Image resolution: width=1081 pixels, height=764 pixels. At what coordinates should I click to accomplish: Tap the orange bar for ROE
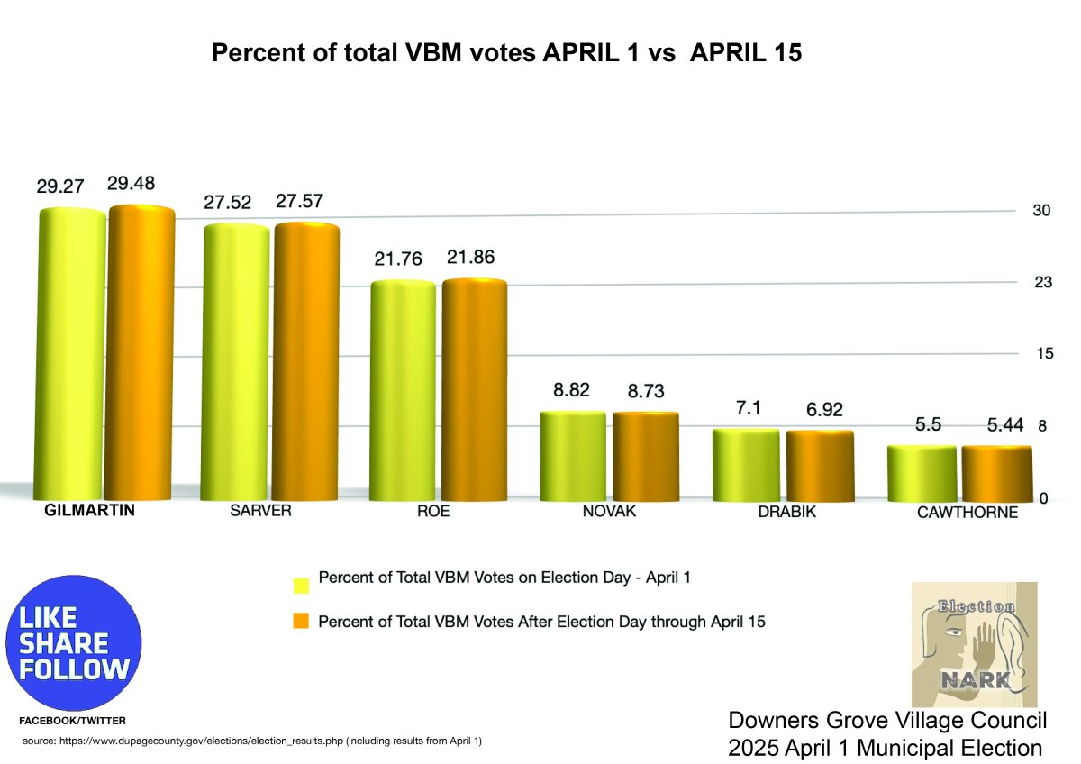click(474, 389)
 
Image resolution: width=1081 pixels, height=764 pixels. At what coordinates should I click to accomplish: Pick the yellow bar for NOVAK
click(572, 455)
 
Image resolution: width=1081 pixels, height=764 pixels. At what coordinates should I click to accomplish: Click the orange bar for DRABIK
click(820, 465)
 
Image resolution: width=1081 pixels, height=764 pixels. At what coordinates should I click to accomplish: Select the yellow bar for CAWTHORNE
click(922, 473)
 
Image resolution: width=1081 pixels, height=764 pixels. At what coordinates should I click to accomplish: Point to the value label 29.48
click(131, 184)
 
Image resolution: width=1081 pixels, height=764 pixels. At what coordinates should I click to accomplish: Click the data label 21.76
click(397, 258)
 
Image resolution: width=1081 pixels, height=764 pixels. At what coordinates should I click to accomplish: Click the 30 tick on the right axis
click(1041, 211)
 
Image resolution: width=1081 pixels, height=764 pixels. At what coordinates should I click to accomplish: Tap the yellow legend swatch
click(301, 584)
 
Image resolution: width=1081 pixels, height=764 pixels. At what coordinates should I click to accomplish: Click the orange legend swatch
click(301, 621)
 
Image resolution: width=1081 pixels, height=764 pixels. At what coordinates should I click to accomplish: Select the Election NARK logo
click(975, 644)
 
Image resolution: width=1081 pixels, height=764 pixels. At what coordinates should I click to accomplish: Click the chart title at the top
click(506, 54)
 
